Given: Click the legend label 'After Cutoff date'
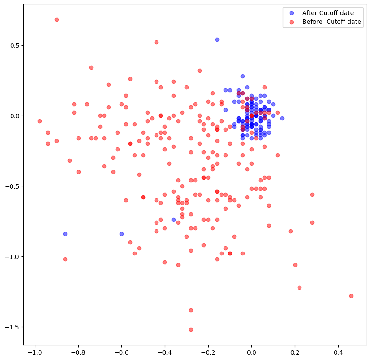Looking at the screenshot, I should coord(328,13).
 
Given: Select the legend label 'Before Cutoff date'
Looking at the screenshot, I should coord(332,22).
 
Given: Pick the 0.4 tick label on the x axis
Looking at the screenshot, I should coord(338,352).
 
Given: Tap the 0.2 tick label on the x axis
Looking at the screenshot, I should coord(295,352).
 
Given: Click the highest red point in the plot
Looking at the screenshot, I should coord(57,20).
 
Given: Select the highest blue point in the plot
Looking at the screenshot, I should coord(217,39).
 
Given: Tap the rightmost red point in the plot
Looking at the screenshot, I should coord(351,296).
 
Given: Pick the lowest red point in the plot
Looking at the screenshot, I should coord(191,329).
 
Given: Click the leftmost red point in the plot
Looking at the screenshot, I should coord(39,121).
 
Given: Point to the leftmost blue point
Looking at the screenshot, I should coord(65,234).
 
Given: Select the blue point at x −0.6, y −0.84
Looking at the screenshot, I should coord(121,234).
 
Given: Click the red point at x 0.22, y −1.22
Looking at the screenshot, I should coord(299,287).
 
